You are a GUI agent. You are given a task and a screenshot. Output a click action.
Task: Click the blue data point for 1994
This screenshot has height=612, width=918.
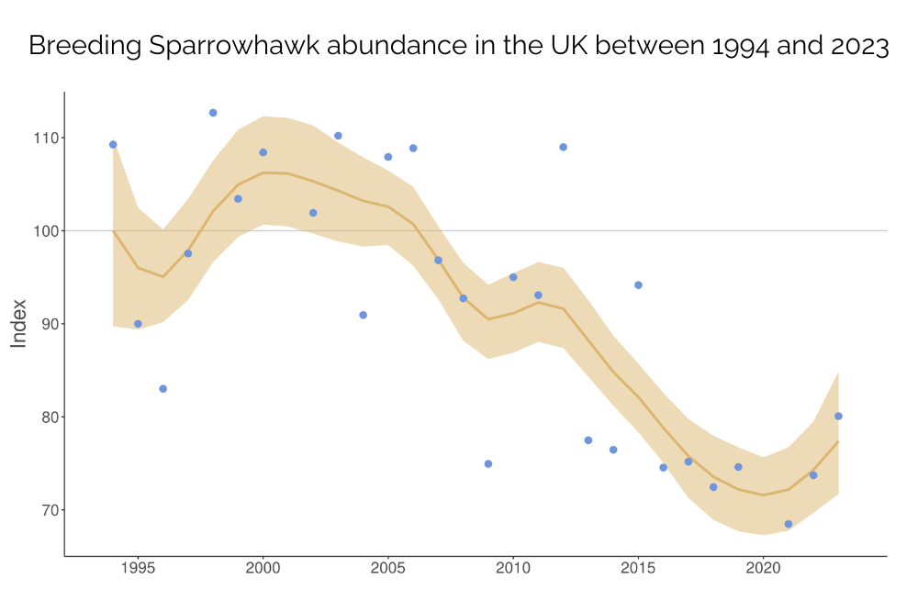pos(113,144)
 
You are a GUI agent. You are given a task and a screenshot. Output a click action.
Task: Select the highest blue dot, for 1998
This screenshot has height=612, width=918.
pos(213,113)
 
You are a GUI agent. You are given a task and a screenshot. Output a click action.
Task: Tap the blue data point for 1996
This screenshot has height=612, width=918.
pos(162,389)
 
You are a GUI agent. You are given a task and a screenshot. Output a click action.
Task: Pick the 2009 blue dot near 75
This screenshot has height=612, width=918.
pos(488,464)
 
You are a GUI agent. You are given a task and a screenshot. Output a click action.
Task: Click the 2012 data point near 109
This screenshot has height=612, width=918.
pos(563,147)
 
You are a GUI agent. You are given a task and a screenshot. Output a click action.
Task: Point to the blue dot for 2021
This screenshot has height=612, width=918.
pos(789,524)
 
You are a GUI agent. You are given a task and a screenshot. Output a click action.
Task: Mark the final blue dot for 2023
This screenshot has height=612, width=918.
pos(838,417)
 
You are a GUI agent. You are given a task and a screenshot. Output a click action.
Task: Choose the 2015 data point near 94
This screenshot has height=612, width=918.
pos(638,285)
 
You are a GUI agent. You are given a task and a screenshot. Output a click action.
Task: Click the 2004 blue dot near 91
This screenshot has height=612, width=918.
pos(363,315)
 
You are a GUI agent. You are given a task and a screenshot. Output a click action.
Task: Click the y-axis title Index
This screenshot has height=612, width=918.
pos(18,324)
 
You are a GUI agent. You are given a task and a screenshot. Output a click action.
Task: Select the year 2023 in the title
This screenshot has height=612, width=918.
pos(857,47)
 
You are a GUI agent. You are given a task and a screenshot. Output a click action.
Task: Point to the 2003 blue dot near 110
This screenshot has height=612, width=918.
pos(338,136)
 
